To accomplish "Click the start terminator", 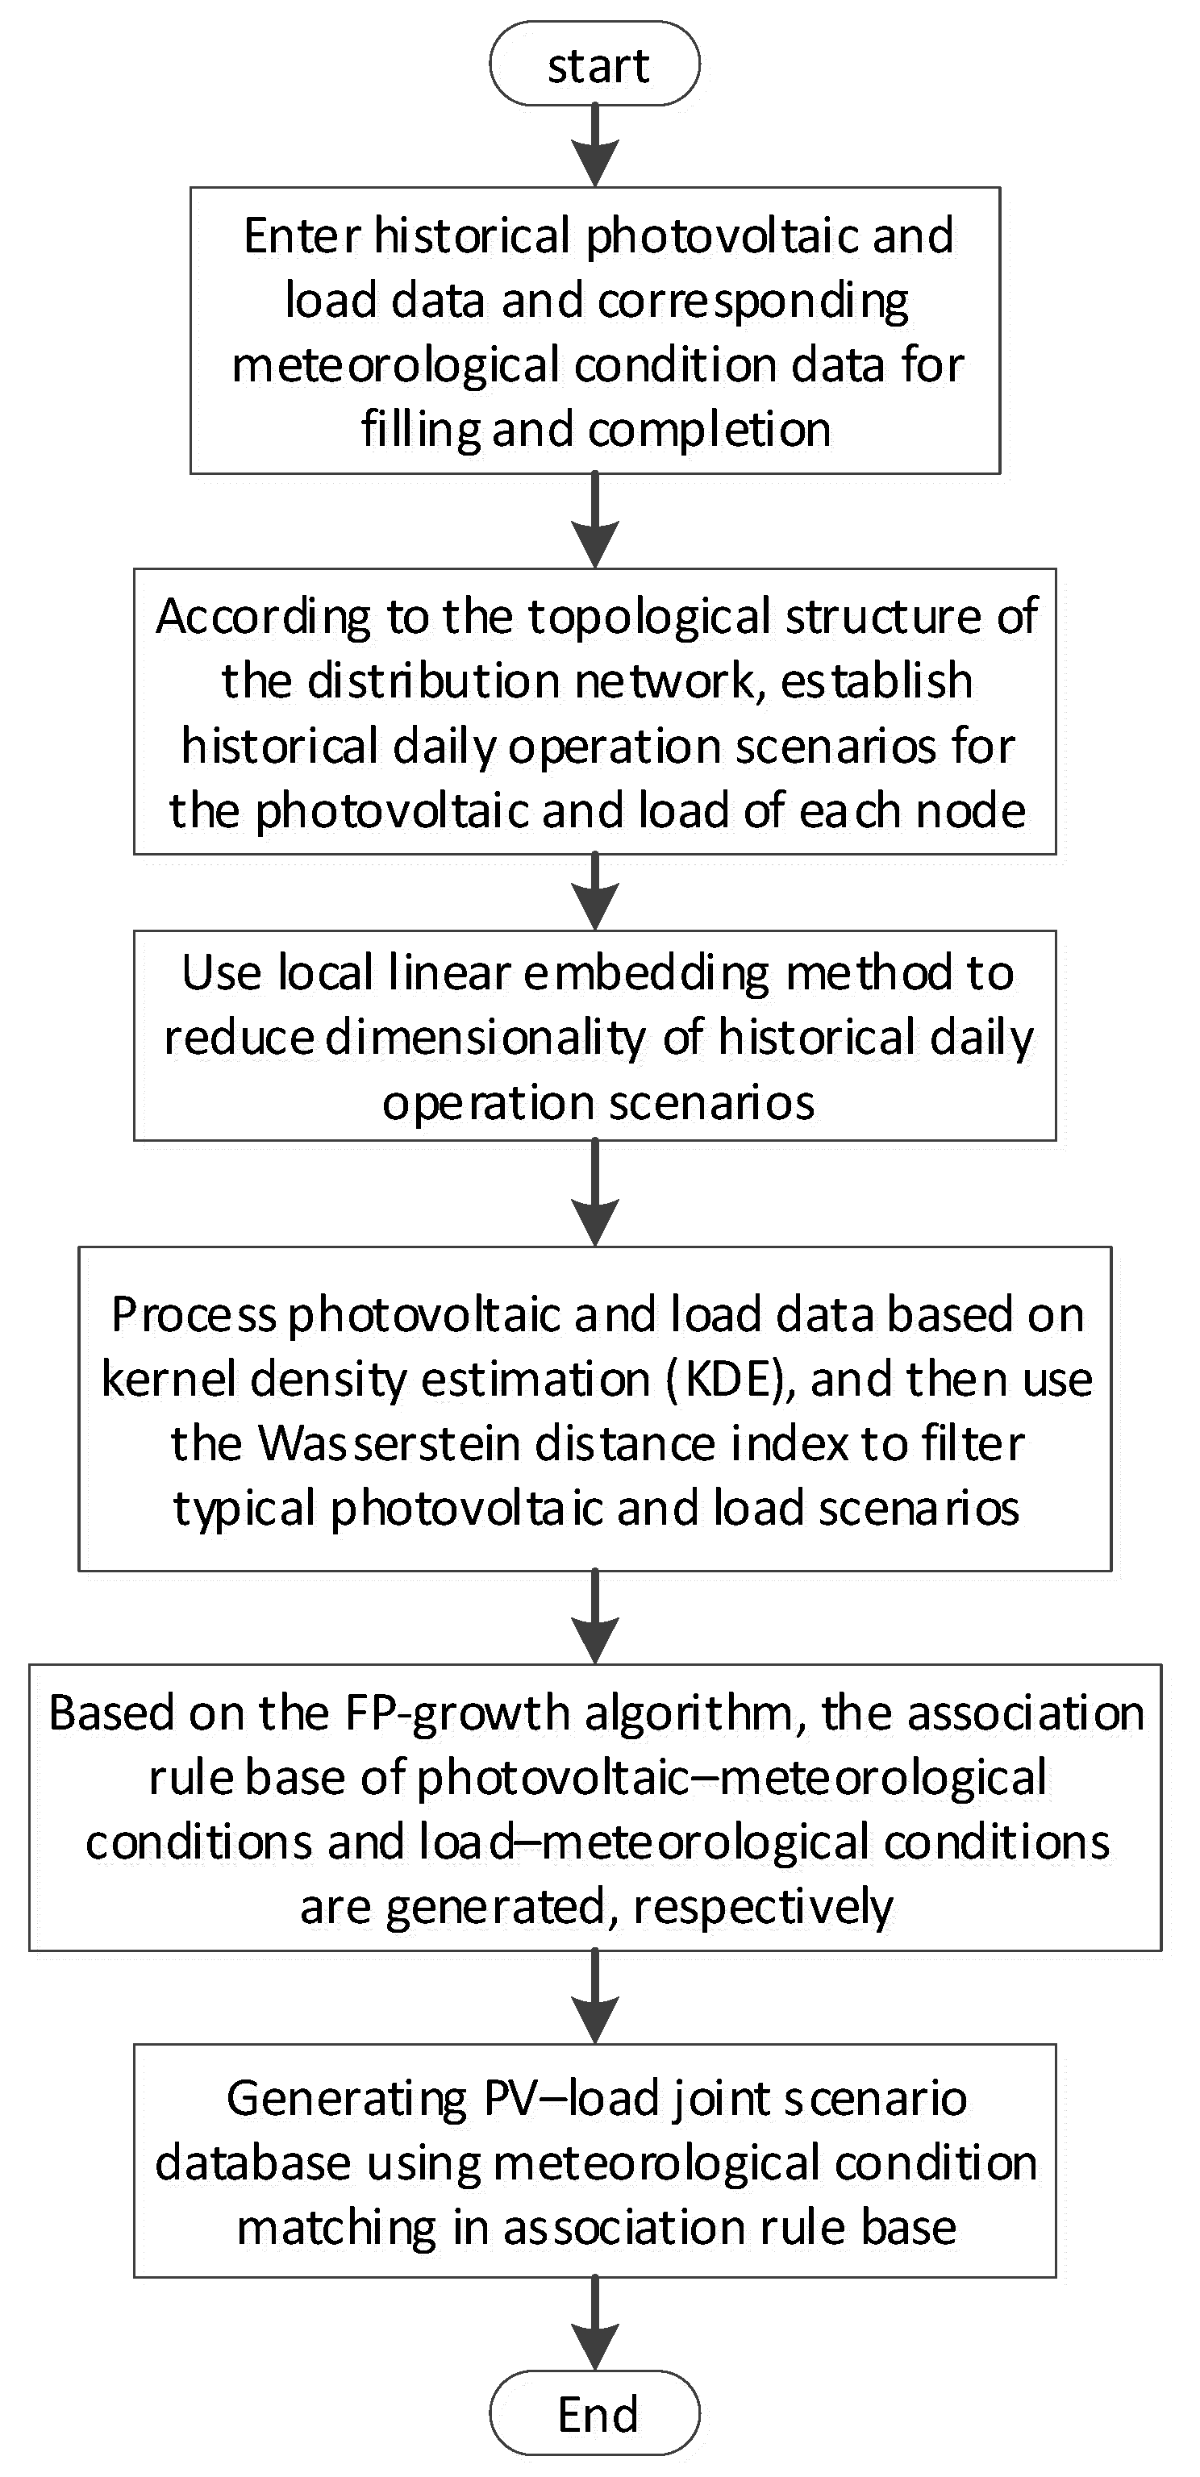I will click(595, 65).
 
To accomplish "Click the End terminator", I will click(595, 2413).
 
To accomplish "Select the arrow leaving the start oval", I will click(595, 144).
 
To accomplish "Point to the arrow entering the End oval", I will click(595, 2322).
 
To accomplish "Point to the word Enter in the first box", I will click(302, 235).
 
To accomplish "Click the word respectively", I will click(763, 1907).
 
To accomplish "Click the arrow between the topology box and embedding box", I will click(595, 891).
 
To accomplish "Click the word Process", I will click(194, 1314).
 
